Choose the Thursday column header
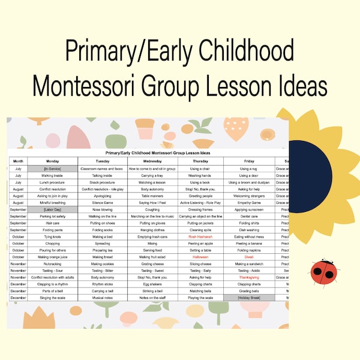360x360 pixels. click(200, 161)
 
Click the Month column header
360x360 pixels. click(18, 161)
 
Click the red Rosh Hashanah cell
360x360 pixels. click(200, 236)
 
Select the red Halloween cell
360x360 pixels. click(200, 257)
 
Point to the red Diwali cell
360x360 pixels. click(250, 257)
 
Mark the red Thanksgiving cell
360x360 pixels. click(250, 277)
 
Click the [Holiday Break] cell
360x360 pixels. click(250, 298)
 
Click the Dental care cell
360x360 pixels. click(250, 216)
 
